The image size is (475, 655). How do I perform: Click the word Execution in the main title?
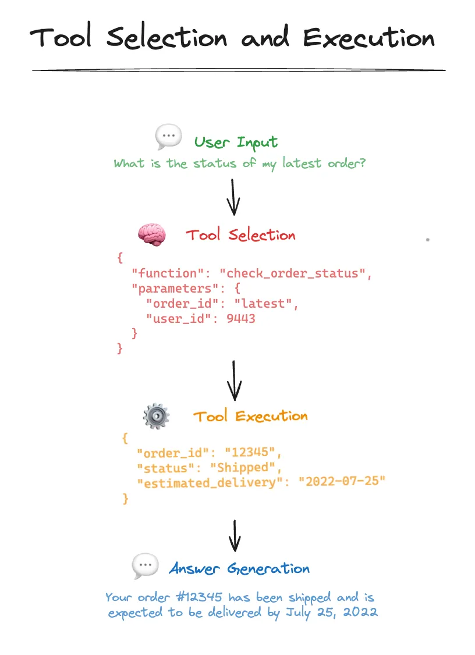coord(368,38)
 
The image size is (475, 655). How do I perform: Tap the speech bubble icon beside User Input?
coord(168,138)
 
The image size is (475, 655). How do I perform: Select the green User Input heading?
coord(236,143)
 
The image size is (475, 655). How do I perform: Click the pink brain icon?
coord(151,234)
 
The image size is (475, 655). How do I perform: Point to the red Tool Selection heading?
coord(240,235)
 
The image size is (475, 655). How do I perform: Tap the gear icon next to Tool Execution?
coord(156,417)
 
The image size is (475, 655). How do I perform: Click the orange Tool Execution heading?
coord(250,417)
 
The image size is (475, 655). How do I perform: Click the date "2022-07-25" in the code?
coord(342,482)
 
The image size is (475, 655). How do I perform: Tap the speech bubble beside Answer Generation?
coord(145,565)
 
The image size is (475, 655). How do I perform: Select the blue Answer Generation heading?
coord(239,568)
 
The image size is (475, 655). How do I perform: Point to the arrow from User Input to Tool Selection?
coord(233,197)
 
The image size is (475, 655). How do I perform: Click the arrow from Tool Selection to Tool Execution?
coord(234,379)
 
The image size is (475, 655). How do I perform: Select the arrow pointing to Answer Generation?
coord(234,535)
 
